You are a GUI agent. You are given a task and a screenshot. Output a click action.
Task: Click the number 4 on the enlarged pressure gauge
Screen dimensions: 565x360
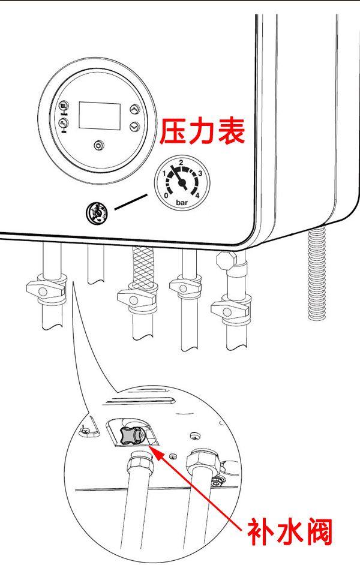pos(197,194)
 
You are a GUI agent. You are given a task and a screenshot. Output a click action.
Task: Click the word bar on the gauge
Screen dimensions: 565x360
pos(181,203)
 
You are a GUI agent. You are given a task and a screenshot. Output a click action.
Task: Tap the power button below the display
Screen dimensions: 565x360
pos(99,145)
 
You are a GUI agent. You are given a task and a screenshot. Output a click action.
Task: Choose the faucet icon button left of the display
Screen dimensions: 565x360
pos(64,124)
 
